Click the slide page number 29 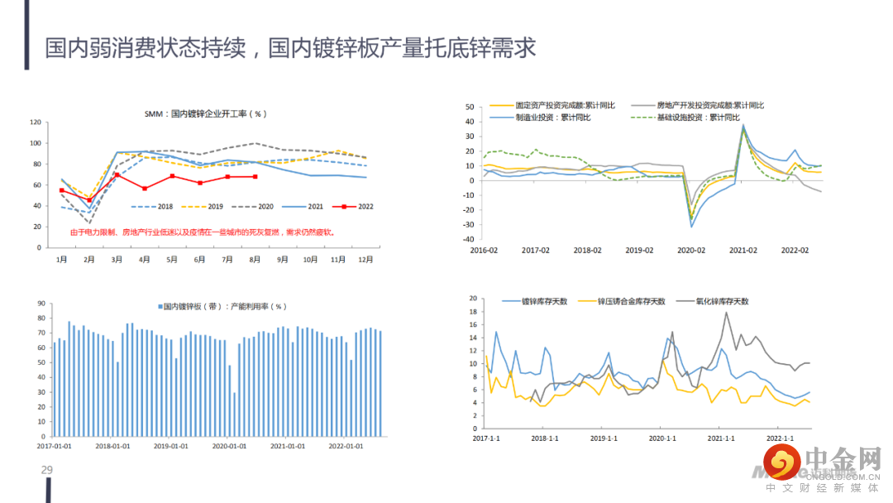47,471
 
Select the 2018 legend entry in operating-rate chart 157,206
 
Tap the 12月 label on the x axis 365,259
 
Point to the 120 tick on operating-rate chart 36,122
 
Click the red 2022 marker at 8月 255,176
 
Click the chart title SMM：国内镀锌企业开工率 204,114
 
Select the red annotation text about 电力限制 202,232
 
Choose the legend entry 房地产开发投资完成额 709,105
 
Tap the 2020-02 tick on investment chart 691,249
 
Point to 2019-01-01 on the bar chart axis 171,446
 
